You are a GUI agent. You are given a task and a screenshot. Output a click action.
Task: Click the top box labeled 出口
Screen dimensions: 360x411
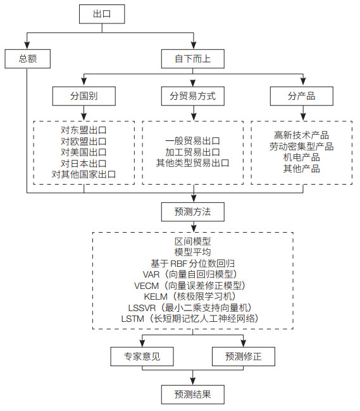(102, 14)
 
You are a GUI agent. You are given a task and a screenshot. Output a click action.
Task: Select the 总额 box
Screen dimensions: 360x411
(28, 59)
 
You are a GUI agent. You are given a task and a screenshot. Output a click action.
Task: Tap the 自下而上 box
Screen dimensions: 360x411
(193, 59)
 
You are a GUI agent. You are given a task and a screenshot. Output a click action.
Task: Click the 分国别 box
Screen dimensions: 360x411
(84, 96)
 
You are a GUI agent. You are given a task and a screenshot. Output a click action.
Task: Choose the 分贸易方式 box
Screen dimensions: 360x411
(193, 96)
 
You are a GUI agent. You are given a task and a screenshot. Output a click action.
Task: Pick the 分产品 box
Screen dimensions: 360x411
(302, 96)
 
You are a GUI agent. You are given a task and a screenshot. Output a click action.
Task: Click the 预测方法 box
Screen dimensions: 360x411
(193, 212)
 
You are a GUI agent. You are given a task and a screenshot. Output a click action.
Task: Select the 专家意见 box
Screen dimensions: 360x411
(142, 357)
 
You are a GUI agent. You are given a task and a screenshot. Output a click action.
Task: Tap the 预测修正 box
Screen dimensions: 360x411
(244, 357)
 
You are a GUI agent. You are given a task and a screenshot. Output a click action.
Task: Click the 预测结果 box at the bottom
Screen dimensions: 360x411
(193, 394)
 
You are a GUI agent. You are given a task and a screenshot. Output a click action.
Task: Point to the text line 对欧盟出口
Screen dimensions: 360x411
(84, 141)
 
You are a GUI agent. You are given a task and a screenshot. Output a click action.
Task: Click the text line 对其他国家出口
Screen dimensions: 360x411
(84, 174)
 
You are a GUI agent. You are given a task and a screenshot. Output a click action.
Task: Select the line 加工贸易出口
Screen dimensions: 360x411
(193, 152)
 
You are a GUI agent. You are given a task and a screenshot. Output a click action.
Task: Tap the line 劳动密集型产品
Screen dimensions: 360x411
(302, 147)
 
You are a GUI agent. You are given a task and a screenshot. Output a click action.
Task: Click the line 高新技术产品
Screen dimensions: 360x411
(302, 135)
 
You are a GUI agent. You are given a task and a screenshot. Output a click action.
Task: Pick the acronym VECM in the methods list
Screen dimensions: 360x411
(147, 286)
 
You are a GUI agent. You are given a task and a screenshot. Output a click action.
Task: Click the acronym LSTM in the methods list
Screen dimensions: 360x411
(133, 319)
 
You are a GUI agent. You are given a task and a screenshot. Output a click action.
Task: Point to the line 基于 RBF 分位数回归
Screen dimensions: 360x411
(193, 264)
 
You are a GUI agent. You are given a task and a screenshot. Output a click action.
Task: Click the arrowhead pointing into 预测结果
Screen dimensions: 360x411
(193, 381)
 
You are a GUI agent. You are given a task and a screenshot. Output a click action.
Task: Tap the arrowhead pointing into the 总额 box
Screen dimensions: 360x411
(27, 46)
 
